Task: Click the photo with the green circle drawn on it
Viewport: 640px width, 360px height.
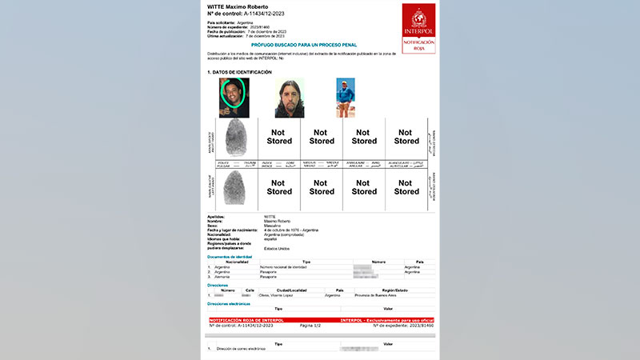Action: point(234,98)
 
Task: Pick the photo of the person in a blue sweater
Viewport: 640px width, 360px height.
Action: point(345,98)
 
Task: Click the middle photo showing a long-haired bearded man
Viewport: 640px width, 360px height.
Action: point(288,98)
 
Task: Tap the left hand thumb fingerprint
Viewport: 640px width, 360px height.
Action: point(238,188)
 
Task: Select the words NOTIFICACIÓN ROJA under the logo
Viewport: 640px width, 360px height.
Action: point(418,44)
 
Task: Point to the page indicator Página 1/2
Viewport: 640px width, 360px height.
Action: point(310,326)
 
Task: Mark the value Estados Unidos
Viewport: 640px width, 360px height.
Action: point(278,248)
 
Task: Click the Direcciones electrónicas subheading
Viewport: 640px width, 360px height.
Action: point(229,304)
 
